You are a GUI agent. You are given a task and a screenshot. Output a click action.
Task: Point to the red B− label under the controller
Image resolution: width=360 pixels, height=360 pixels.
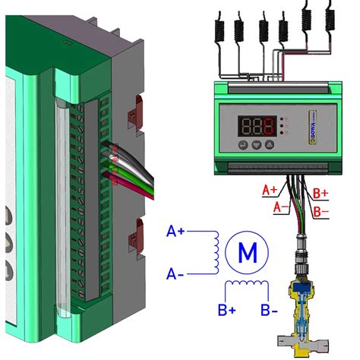coord(320,210)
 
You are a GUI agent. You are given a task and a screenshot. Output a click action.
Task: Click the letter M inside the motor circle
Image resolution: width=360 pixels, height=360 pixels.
coord(247,252)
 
